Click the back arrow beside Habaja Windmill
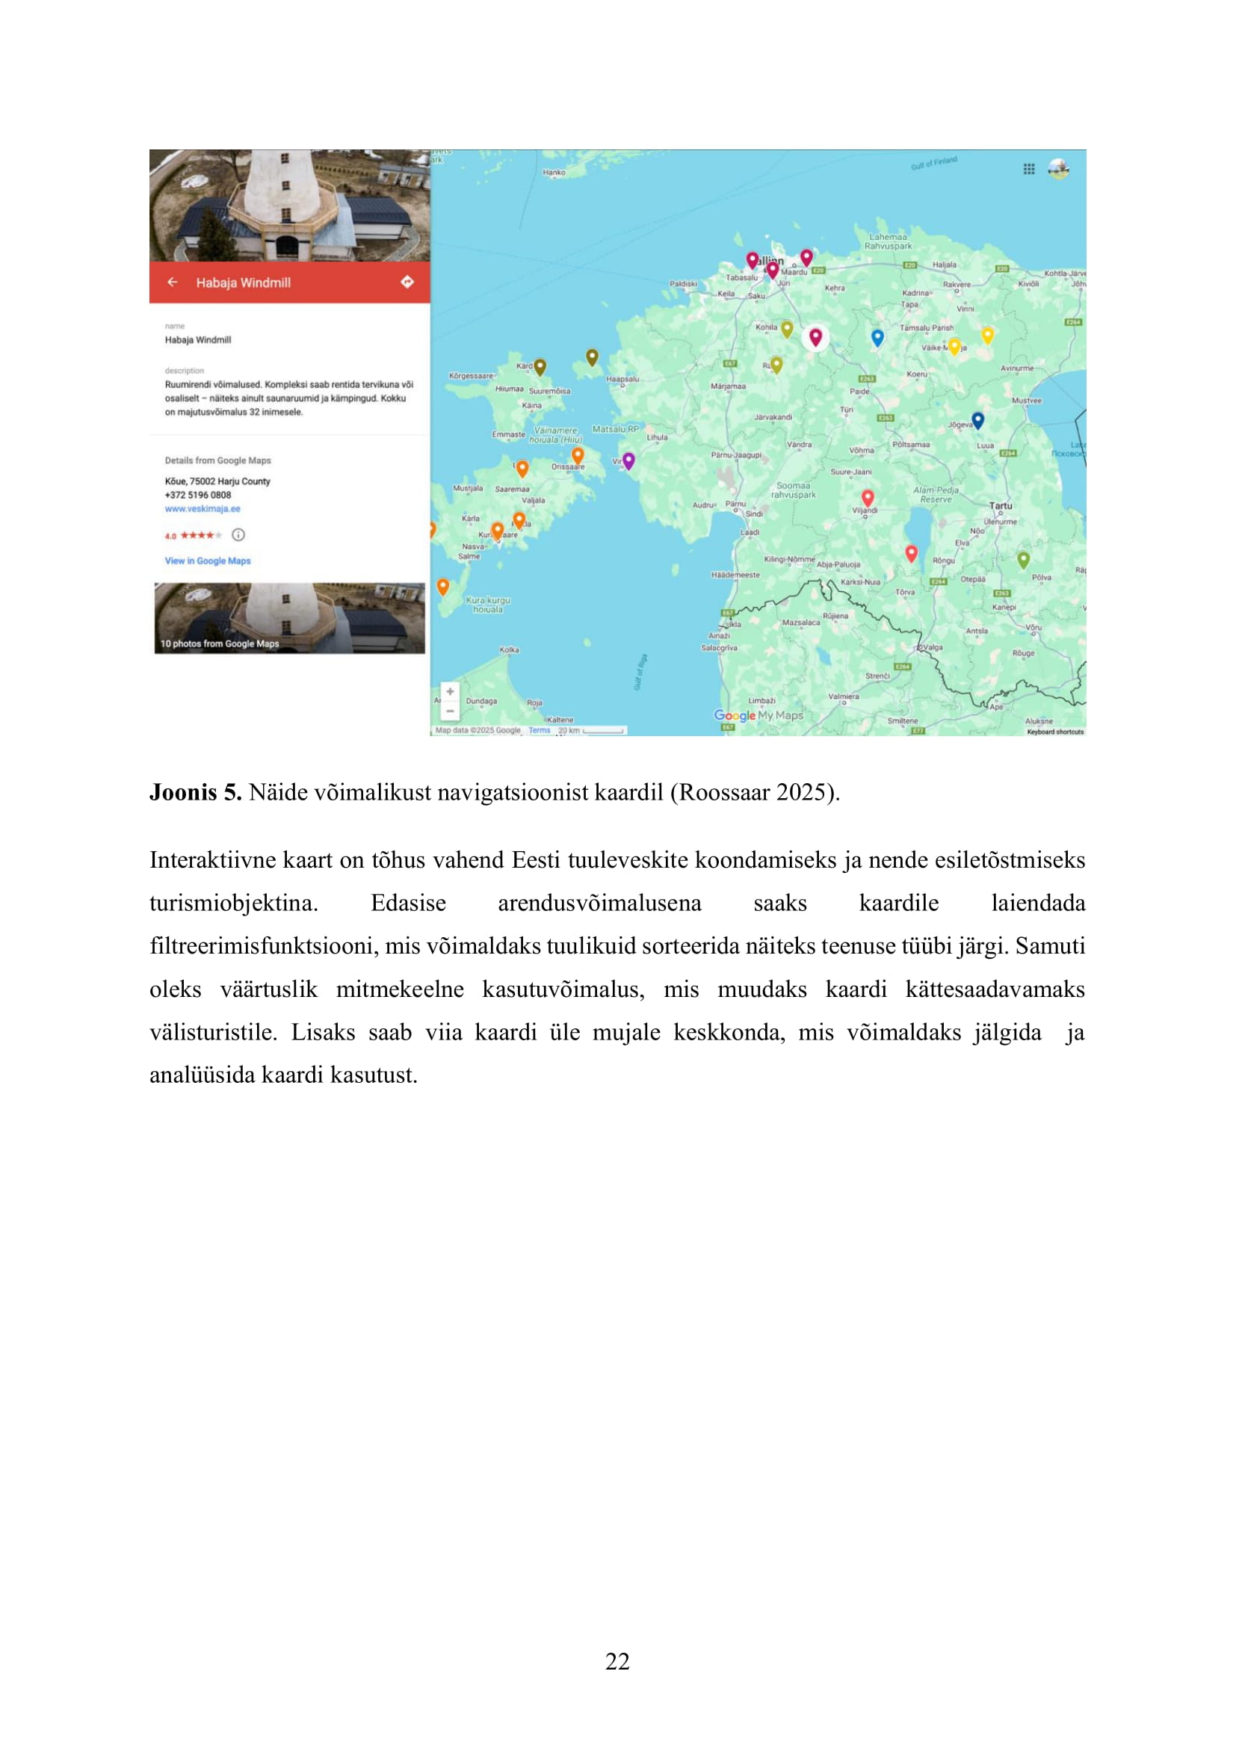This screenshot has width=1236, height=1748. tap(173, 282)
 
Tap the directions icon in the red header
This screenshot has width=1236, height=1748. tap(407, 282)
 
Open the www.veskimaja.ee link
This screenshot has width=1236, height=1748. tap(203, 509)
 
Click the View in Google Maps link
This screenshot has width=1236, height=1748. tap(208, 561)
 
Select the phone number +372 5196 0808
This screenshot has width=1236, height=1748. tap(198, 495)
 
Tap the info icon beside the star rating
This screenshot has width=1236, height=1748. tap(238, 535)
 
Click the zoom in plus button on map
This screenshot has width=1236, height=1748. tap(450, 692)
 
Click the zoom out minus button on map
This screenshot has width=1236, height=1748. tap(450, 711)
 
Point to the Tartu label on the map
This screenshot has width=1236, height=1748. tap(1000, 505)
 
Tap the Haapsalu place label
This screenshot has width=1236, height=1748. tap(622, 379)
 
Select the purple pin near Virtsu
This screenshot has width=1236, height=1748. tap(628, 460)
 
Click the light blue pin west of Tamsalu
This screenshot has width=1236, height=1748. tap(877, 336)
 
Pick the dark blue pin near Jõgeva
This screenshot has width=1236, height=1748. tap(978, 419)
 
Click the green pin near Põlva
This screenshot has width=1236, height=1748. tap(1024, 560)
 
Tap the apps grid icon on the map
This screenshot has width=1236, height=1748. tap(1029, 169)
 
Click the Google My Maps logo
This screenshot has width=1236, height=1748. tap(758, 716)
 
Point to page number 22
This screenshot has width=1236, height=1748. tap(617, 1661)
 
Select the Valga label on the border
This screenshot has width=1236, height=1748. tap(933, 647)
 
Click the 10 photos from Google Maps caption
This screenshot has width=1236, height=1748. tap(219, 644)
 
